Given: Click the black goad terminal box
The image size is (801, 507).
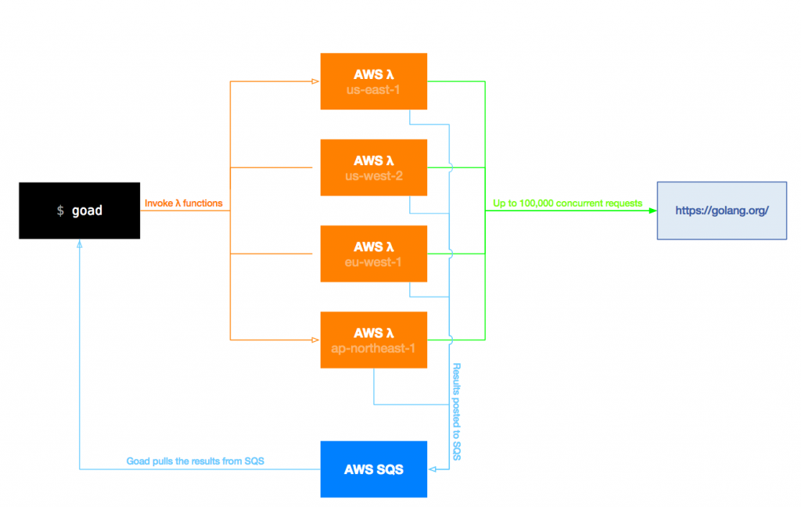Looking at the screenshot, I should (x=79, y=210).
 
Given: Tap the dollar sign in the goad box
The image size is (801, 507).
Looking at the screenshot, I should (x=61, y=211).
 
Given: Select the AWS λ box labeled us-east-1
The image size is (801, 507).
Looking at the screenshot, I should (x=373, y=81).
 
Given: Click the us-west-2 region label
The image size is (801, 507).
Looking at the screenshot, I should (x=373, y=175).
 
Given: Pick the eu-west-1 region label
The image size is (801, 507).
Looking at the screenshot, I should (x=373, y=261).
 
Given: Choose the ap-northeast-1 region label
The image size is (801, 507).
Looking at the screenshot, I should (x=373, y=347).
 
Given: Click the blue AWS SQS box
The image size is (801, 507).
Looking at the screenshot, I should (x=373, y=469).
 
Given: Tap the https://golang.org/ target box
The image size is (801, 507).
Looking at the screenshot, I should (x=721, y=210).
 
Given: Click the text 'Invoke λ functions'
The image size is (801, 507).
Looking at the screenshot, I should (x=183, y=203).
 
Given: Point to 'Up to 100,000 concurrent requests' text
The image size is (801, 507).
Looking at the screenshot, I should (x=567, y=203).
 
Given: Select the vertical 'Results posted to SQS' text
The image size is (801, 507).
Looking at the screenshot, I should (x=458, y=412).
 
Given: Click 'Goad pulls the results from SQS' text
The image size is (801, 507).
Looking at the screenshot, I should (x=196, y=462).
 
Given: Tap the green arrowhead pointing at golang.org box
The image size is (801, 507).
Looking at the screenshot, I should (x=652, y=210).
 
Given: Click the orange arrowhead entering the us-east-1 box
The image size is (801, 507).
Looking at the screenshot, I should (x=315, y=81).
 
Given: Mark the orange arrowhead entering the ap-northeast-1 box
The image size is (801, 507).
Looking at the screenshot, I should (x=315, y=340).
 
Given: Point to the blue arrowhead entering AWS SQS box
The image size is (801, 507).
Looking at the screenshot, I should (x=432, y=469).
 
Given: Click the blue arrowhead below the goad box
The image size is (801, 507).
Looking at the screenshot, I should (x=79, y=243).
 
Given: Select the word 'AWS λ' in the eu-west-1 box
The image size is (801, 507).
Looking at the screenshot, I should (x=373, y=246).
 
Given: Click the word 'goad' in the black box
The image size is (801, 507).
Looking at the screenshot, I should (x=87, y=211).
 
